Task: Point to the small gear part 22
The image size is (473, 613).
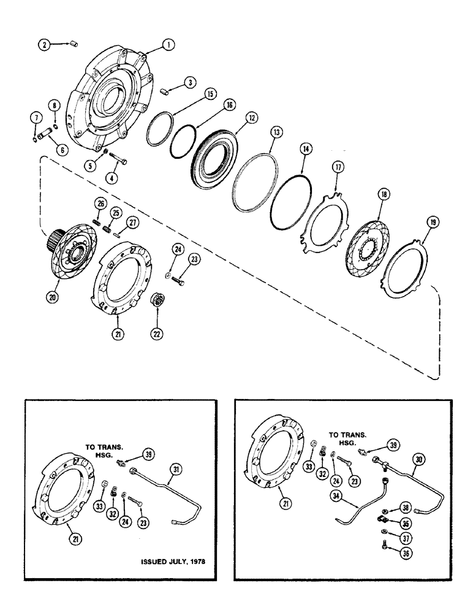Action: click(x=160, y=301)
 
